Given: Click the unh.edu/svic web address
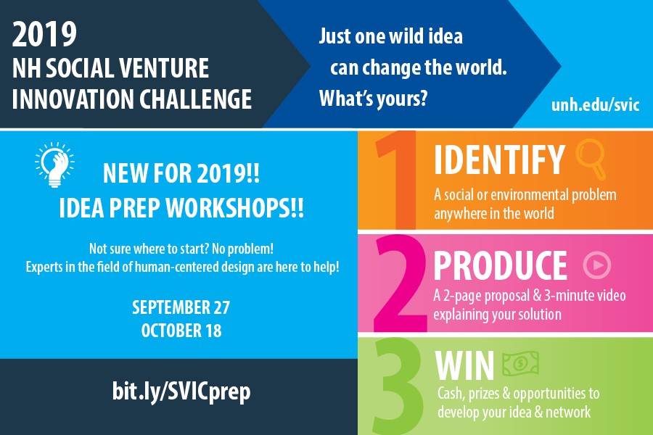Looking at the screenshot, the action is coord(595,105).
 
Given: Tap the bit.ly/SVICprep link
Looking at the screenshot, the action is coord(181,391).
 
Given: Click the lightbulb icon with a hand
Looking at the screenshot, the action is coord(54,165).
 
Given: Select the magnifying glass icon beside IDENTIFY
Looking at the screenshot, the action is coord(591,159).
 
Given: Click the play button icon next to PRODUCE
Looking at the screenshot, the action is coord(597,265).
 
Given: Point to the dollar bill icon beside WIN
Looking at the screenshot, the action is coord(520,363).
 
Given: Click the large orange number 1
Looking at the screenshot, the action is coord(396,180).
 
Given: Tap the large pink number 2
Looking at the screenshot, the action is coord(401,283).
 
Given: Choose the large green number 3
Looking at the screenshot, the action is coord(398,386).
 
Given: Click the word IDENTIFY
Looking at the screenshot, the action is coord(499,159).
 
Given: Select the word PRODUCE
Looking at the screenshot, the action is coord(500,265).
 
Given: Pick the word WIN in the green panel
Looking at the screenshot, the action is coord(464,365).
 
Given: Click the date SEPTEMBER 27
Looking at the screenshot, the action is coord(181,307).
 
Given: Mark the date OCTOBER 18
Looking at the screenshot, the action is coord(181,331).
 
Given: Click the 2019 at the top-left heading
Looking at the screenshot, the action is coord(44,35).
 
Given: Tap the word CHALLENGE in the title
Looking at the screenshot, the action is coord(195,99).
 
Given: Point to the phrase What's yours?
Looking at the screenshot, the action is coord(373,99).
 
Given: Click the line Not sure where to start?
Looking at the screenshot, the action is coord(149,249).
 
